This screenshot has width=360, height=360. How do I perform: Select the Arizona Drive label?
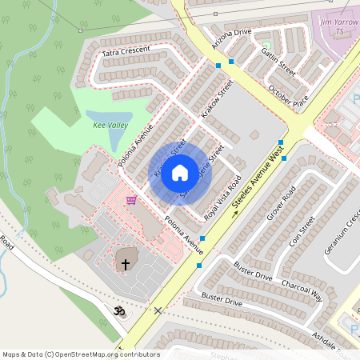pyautogui.click(x=231, y=33)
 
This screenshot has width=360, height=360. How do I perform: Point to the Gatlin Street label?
pyautogui.click(x=278, y=61)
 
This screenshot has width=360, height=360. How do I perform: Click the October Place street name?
pyautogui.click(x=288, y=98)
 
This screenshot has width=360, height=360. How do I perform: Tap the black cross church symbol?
pyautogui.click(x=126, y=263)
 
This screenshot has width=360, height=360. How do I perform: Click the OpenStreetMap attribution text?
pyautogui.click(x=80, y=354)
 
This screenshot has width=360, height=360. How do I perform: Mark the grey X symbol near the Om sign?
pyautogui.click(x=158, y=310)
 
